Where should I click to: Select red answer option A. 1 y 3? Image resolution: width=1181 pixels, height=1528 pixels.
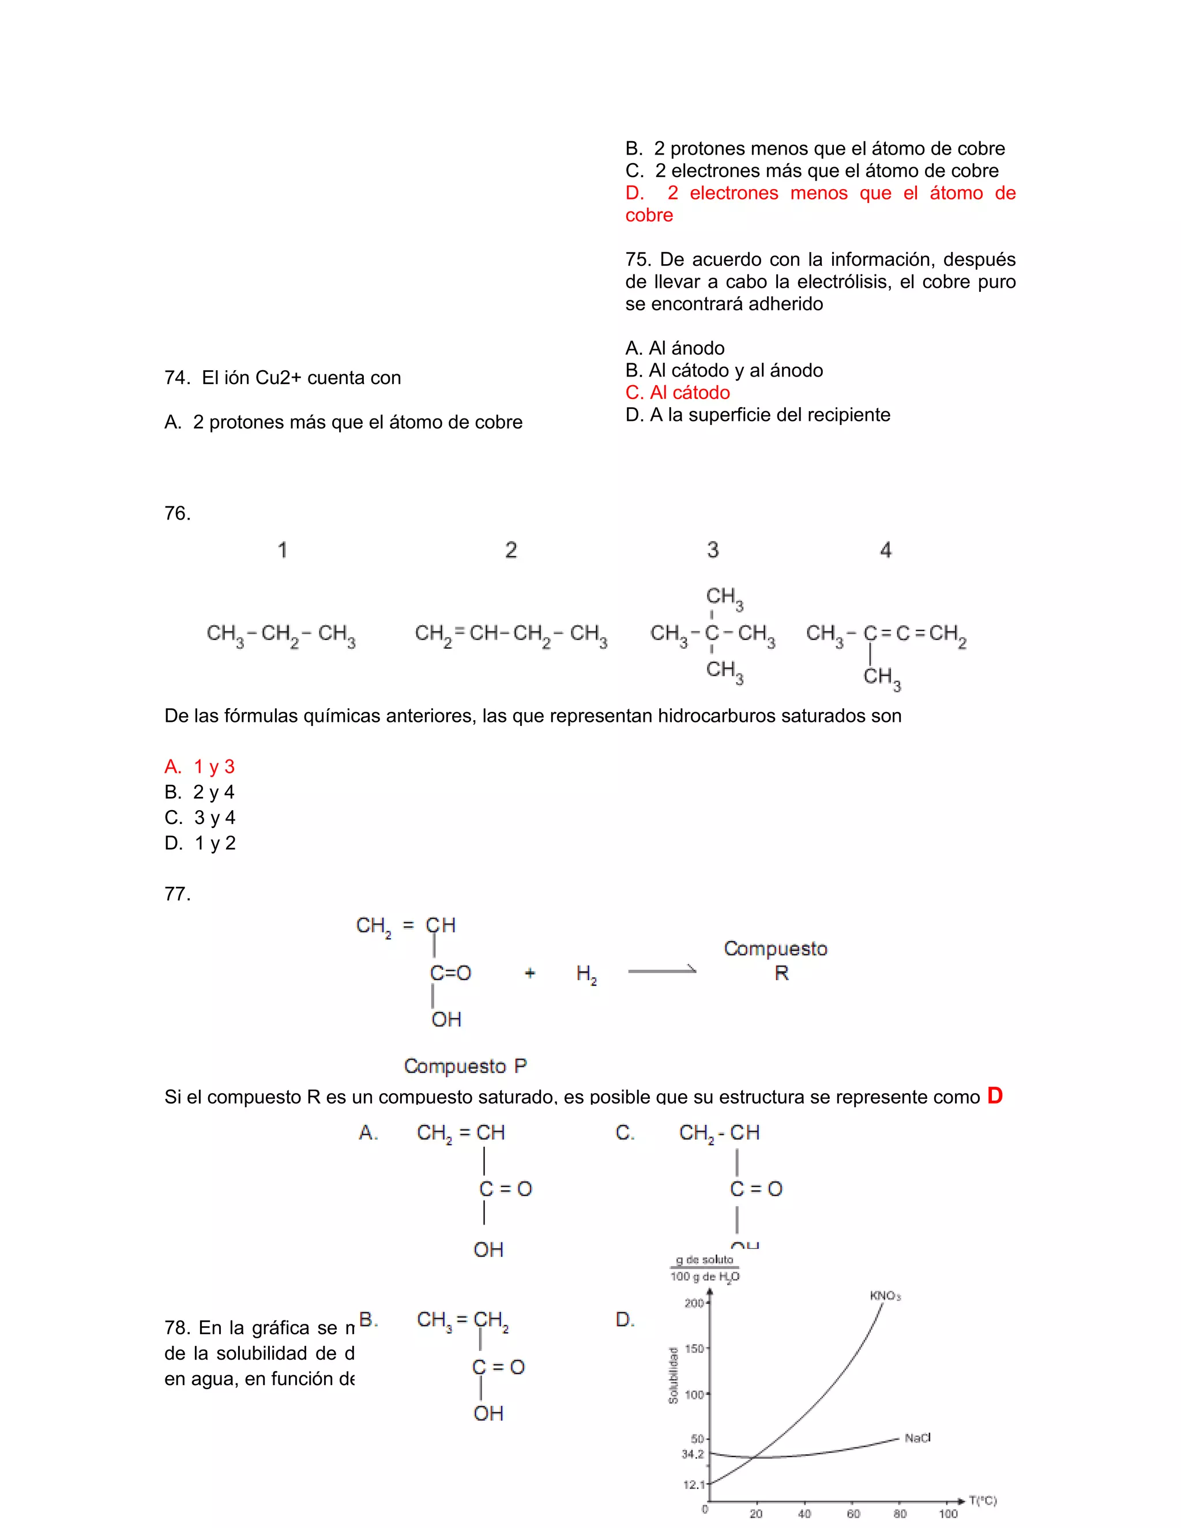[200, 767]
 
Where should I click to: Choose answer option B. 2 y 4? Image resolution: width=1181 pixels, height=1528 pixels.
[200, 792]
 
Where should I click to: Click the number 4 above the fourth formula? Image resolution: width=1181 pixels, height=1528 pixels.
[886, 550]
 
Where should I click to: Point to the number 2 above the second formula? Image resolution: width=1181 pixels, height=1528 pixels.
[511, 550]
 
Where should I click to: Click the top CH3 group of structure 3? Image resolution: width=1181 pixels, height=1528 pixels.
[724, 597]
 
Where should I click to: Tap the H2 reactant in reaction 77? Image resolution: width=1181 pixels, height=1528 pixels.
[586, 974]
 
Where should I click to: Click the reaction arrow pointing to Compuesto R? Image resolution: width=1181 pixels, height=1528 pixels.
[662, 970]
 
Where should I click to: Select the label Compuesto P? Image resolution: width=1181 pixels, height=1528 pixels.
[465, 1066]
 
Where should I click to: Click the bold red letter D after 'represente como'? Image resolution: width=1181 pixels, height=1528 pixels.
[994, 1096]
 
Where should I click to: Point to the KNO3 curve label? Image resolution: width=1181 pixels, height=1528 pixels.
[885, 1296]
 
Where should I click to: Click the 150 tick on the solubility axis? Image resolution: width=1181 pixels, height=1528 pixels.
[694, 1348]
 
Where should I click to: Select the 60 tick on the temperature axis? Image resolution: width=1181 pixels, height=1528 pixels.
[853, 1514]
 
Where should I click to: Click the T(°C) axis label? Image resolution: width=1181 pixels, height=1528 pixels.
[982, 1501]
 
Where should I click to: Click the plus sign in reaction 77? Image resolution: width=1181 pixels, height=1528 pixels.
[529, 973]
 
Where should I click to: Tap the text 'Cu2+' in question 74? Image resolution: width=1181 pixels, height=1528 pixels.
[278, 378]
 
